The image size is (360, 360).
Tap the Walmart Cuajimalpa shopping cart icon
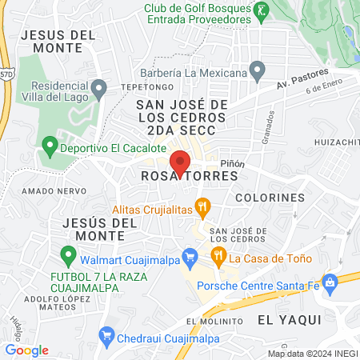[190, 257]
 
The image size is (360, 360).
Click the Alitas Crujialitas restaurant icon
[203, 207]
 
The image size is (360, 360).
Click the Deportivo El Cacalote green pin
[50, 147]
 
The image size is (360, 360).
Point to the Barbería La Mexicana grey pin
[257, 73]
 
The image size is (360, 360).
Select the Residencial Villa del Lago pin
[99, 87]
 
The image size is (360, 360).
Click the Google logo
[26, 350]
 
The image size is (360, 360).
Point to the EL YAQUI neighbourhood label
[288, 319]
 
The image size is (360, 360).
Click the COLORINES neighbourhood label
[270, 197]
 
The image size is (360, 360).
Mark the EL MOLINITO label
[214, 321]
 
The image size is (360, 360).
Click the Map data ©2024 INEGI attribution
[312, 354]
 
